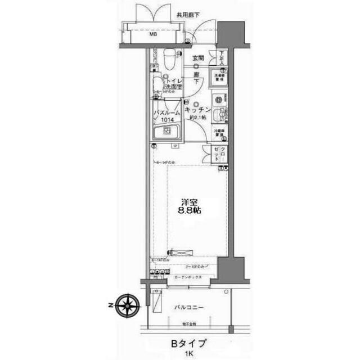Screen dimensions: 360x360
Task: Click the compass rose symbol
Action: pyautogui.click(x=128, y=305)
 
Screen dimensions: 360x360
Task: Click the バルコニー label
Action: pyautogui.click(x=188, y=308)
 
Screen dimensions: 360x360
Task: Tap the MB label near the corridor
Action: pyautogui.click(x=152, y=34)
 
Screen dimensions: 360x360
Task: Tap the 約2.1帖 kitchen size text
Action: pyautogui.click(x=197, y=118)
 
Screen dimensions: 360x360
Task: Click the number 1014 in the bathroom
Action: pyautogui.click(x=167, y=120)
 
